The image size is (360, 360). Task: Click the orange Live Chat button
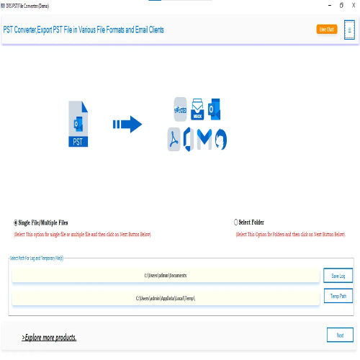[x=326, y=30]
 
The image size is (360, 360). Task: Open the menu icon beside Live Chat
[x=349, y=30]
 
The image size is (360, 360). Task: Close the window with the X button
[x=351, y=5]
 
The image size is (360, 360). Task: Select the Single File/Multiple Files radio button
[x=17, y=223]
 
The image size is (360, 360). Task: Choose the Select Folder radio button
[x=235, y=223]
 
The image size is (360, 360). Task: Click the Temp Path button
[x=338, y=296]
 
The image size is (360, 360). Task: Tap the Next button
[x=340, y=335]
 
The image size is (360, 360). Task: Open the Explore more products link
[x=49, y=337]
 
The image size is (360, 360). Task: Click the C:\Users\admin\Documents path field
[x=166, y=276]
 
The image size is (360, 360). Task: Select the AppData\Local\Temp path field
[x=166, y=298]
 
